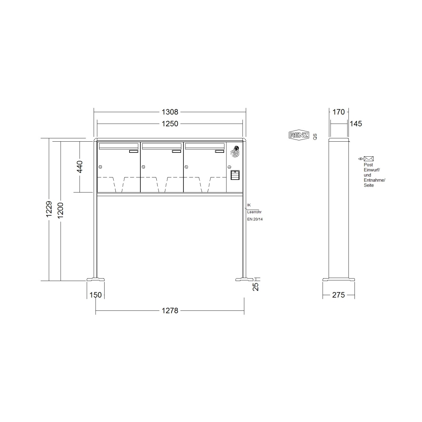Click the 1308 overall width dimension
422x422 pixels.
[x=170, y=112]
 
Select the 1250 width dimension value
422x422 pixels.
[x=170, y=124]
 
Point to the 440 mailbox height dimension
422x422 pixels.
[x=79, y=167]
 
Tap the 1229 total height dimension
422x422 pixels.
[x=49, y=209]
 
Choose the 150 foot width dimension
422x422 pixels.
[x=95, y=295]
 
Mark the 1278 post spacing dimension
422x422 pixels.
[x=170, y=310]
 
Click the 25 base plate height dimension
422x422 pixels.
[x=256, y=286]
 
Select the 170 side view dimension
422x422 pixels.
[x=339, y=112]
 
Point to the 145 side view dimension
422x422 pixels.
[x=356, y=124]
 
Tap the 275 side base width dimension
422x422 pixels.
[x=338, y=295]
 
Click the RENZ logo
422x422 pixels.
[x=299, y=135]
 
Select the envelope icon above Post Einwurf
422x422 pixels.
[x=369, y=159]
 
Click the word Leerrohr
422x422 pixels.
[x=254, y=212]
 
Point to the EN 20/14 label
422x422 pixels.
[x=255, y=219]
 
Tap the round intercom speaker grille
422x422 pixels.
[x=235, y=152]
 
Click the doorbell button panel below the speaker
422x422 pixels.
[x=235, y=175]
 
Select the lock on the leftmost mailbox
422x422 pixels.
[x=100, y=167]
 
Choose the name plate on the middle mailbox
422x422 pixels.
[x=176, y=152]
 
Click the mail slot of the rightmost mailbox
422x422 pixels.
[x=205, y=146]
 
